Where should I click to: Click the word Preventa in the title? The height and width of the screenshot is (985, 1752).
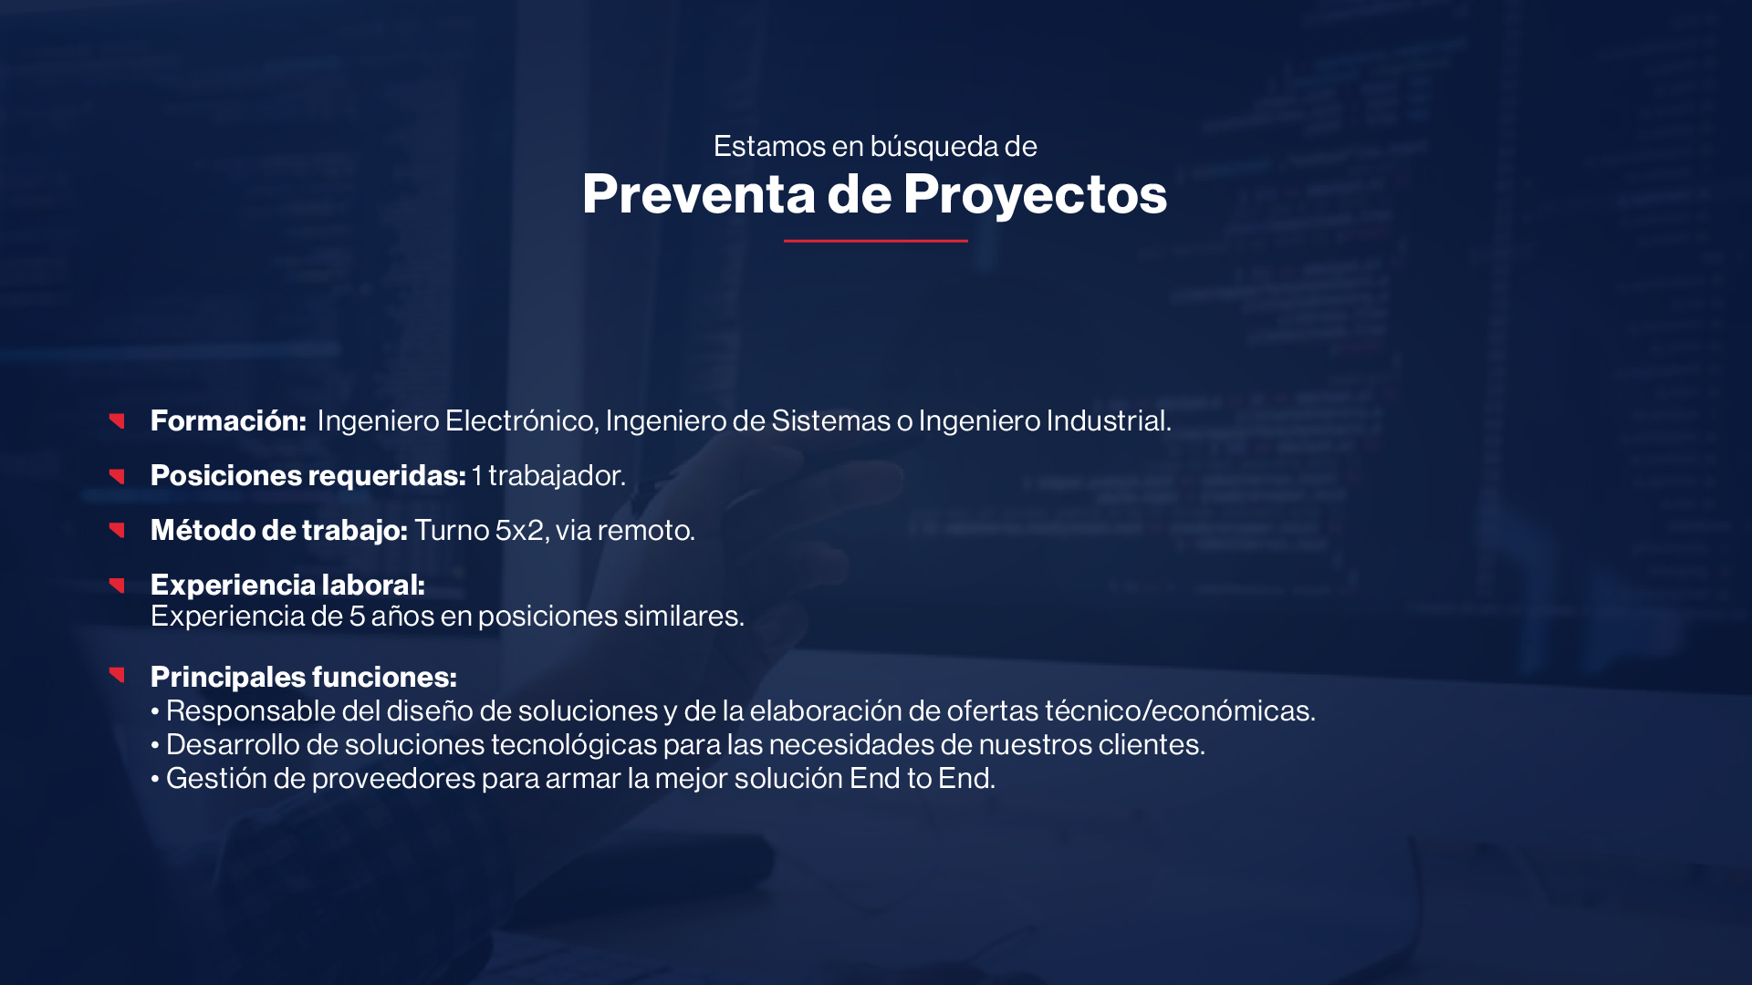(699, 193)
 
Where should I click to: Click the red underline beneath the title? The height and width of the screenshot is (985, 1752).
(876, 241)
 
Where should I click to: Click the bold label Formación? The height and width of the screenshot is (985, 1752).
(228, 420)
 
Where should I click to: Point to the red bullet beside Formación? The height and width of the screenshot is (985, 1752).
(117, 420)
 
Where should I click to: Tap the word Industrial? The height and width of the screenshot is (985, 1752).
(1109, 420)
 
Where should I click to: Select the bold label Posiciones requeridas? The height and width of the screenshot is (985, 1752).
(308, 475)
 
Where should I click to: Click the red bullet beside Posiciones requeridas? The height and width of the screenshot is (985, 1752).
(117, 476)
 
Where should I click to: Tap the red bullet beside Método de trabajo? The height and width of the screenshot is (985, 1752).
(117, 530)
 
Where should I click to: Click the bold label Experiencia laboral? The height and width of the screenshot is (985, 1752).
(287, 585)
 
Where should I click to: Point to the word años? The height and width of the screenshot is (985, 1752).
(402, 616)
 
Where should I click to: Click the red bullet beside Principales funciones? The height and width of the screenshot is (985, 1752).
(117, 675)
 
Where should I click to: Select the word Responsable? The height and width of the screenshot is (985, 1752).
(251, 710)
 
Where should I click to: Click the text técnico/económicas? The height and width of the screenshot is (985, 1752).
(1180, 710)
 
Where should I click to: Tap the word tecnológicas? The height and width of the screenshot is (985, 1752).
(574, 744)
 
